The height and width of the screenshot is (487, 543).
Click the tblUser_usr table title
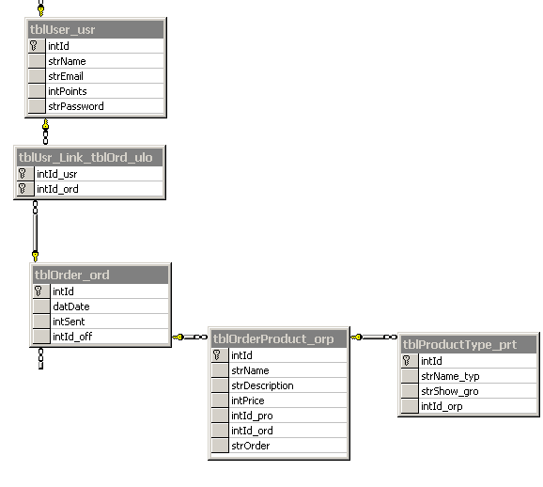62,30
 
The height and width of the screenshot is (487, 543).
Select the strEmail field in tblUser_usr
66,76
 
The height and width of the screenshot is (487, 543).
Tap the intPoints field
68,91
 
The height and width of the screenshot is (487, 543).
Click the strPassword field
76,106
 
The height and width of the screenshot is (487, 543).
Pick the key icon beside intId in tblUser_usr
34,46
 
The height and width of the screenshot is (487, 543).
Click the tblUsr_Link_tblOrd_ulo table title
85,158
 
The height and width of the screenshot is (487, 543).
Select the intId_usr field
56,174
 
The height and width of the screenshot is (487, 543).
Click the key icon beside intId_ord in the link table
23,189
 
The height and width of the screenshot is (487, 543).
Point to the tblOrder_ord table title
72,275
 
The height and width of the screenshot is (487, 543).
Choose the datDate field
71,306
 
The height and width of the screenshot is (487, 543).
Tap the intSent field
69,322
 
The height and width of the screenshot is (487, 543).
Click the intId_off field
72,337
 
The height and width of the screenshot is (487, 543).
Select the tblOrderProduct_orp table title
273,339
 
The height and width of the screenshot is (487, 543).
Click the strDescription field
262,385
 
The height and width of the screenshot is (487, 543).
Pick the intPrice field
248,401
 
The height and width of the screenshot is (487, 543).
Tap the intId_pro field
252,416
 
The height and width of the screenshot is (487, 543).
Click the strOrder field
251,446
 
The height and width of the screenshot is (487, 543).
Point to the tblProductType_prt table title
459,344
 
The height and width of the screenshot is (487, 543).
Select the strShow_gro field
449,391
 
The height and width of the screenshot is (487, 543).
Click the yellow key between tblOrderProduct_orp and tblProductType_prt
356,337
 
